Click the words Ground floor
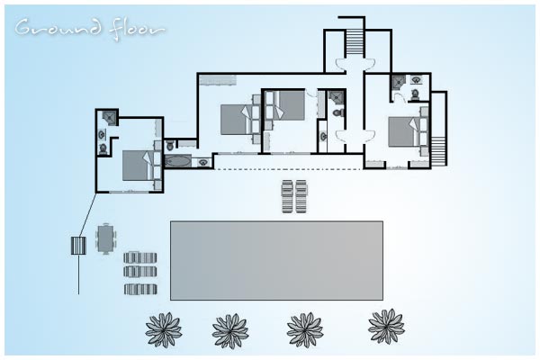pos(90,30)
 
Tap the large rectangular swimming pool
pos(276,260)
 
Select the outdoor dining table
pos(105,238)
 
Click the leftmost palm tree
pos(164,329)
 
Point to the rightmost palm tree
pos(386,326)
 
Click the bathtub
pos(177,160)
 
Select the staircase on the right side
pos(438,151)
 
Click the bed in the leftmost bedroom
pos(137,166)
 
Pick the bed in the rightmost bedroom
pos(403,131)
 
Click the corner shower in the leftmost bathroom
pos(110,117)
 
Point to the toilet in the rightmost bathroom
pos(415,94)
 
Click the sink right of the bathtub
pos(202,162)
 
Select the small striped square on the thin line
pos(78,246)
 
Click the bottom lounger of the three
pos(140,289)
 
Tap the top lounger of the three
pos(140,258)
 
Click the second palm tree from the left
pos(230,330)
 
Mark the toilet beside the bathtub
pos(170,146)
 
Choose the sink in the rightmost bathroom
pos(417,80)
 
